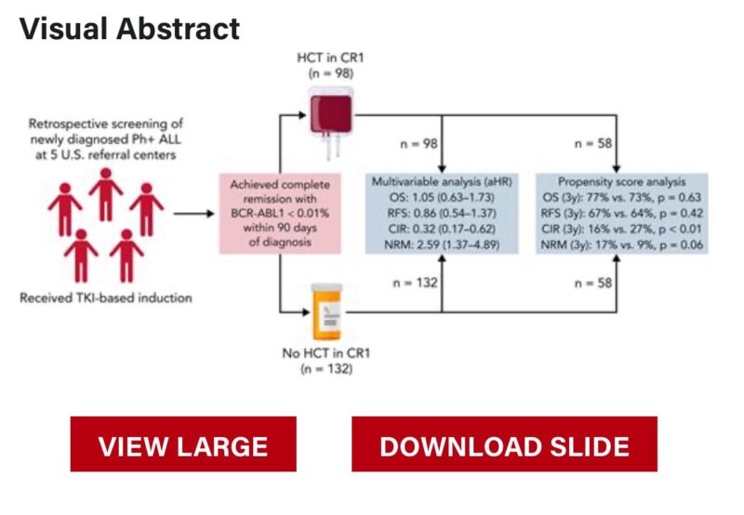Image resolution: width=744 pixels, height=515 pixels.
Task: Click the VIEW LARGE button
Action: point(183,443)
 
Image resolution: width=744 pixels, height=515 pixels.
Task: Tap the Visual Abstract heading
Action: point(129,29)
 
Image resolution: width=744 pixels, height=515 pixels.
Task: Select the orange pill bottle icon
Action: point(326,312)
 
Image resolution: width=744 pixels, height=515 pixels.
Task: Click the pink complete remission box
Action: point(280,214)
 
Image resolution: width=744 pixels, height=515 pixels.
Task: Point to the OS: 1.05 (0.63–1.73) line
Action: point(442,197)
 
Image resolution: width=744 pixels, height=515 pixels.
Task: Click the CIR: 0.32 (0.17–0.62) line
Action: point(441,229)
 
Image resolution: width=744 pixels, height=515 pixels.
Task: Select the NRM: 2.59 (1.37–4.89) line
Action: point(442,245)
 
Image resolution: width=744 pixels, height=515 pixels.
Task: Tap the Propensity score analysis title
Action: point(621,181)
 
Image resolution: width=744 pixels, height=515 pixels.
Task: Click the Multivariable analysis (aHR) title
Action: point(442,181)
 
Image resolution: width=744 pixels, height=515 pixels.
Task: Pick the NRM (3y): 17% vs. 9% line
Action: point(622,245)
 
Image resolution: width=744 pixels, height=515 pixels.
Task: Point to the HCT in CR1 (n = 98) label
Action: point(330,65)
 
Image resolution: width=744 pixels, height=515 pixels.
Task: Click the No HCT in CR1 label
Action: point(326,353)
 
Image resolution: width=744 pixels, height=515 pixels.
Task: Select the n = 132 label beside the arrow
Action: point(415,283)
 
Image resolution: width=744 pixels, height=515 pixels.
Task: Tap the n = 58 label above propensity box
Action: point(593,143)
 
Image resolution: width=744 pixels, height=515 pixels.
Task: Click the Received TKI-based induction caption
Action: point(106,297)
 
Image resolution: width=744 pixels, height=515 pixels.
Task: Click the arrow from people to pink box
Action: point(194,214)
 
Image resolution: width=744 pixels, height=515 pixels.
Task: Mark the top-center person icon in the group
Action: point(106,194)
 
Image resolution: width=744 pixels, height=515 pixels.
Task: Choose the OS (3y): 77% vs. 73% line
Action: point(621,197)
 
